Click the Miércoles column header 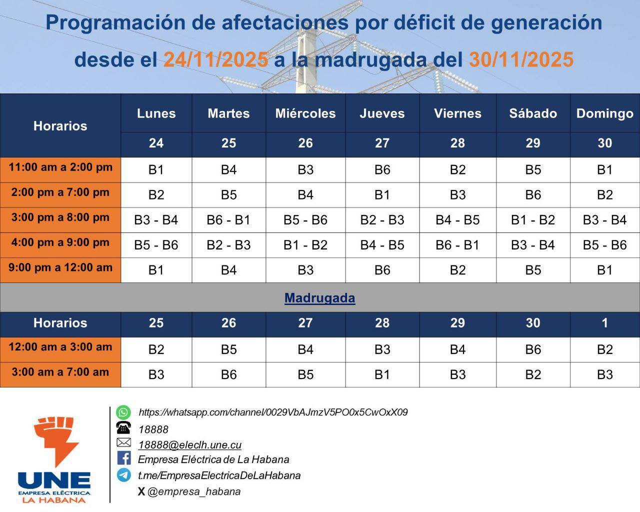point(305,113)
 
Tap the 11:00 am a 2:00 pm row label point(60,167)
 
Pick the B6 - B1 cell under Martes point(228,220)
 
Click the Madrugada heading point(319,298)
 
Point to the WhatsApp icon point(123,412)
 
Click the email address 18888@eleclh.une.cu point(190,445)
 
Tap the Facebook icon point(123,458)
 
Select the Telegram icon point(123,474)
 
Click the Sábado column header point(533,113)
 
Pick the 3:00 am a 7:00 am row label point(60,372)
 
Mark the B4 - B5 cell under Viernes point(457,220)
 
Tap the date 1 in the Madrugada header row point(604,323)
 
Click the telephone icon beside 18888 point(123,428)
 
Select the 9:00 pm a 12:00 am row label point(60,268)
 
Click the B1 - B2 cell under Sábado point(533,220)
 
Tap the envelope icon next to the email point(123,442)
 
